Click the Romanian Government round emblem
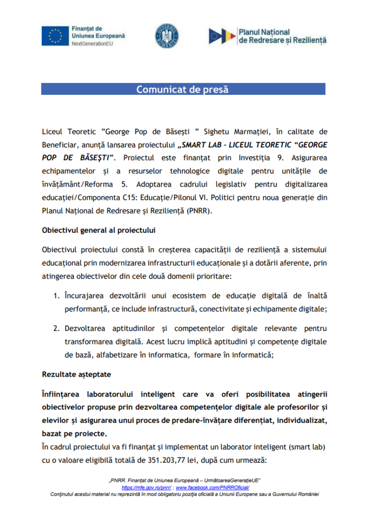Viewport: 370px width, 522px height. [166, 36]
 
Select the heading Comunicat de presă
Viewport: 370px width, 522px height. [182, 90]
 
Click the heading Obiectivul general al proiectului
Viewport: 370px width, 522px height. [98, 230]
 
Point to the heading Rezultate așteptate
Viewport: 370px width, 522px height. [76, 374]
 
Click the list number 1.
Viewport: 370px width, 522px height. [57, 296]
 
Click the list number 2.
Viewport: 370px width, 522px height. [57, 328]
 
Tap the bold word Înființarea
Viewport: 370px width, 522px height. [62, 394]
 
